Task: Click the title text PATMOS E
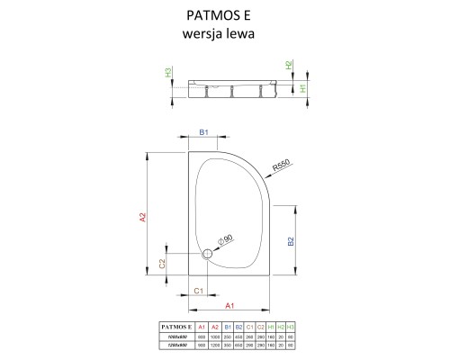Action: click(224, 13)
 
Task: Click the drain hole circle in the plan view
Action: click(209, 254)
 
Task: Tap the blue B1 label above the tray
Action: click(203, 132)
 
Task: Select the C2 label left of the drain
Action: click(162, 263)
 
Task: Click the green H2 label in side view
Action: click(290, 65)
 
